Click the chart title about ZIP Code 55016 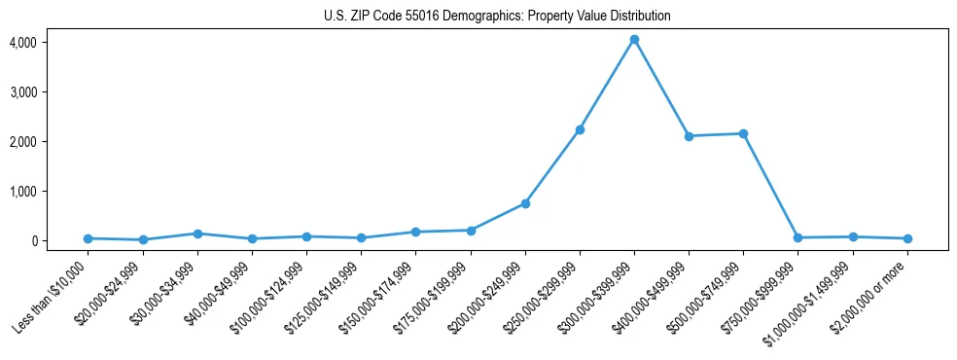497,17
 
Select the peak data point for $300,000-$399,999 634,40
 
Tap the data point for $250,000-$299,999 580,129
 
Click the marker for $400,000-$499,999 689,136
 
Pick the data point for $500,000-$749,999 743,133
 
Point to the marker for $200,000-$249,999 525,203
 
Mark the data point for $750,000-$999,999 797,237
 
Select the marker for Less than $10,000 89,238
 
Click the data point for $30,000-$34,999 197,234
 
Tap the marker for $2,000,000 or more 907,238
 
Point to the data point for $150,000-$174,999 416,232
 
